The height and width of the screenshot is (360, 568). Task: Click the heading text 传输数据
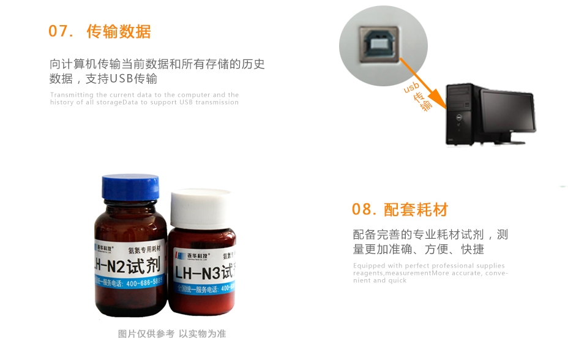point(119,32)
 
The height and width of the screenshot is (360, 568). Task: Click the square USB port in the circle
point(379,45)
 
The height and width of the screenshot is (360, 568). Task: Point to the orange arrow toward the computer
point(422,79)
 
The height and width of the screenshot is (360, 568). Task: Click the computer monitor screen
point(507,111)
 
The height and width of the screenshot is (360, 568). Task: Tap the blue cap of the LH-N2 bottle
point(130,186)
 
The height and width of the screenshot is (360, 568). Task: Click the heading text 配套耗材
point(416,210)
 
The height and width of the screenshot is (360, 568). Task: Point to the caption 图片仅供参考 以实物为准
point(172,334)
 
